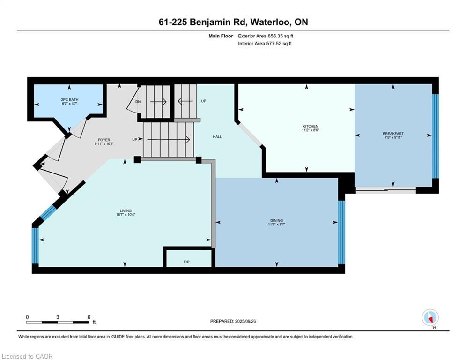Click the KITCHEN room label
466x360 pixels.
coord(310,126)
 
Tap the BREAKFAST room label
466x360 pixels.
coord(393,134)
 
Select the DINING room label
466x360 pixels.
coord(276,220)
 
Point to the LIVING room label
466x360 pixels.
coord(125,210)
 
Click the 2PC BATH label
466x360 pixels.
coord(68,99)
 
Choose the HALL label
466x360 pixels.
coord(217,137)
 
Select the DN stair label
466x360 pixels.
coord(138,101)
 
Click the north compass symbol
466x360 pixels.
coord(429,318)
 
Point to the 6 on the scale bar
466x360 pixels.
coord(89,317)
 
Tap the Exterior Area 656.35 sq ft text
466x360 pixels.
coord(266,36)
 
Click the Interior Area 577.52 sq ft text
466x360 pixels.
coord(265,44)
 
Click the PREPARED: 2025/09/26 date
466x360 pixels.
coord(233,321)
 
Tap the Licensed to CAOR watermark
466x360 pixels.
coord(27,356)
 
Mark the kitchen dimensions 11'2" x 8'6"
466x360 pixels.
coord(310,131)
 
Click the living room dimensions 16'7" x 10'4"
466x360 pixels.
coord(125,215)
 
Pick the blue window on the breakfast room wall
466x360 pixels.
coord(435,136)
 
